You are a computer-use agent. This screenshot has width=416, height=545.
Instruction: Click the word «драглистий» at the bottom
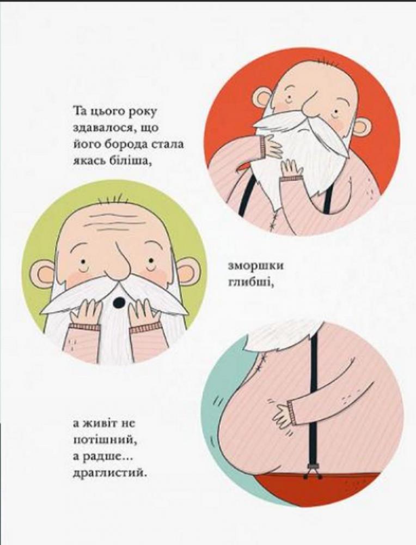(108, 473)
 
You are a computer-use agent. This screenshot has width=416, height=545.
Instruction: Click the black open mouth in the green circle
(119, 302)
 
